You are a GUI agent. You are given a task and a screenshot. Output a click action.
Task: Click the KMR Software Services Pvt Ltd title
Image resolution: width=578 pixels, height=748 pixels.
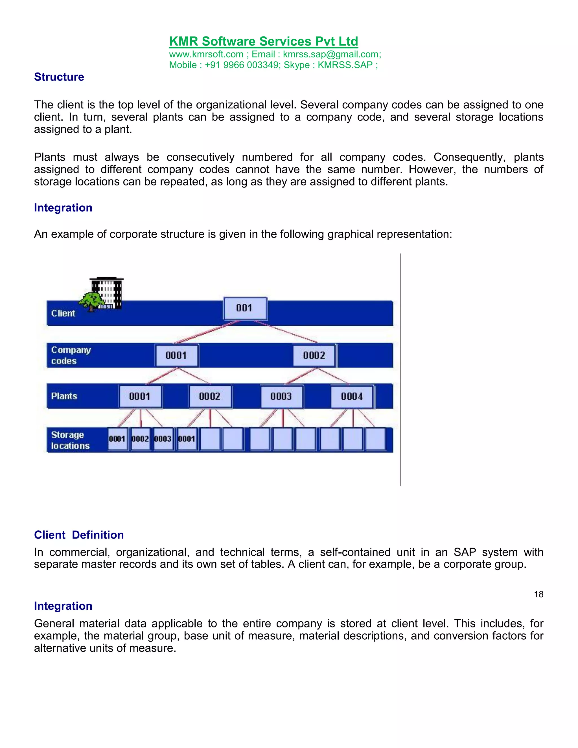[263, 41]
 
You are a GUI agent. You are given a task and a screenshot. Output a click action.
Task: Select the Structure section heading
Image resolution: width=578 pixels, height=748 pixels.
[59, 77]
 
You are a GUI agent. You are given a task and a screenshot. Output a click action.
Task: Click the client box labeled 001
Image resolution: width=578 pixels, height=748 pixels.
[244, 308]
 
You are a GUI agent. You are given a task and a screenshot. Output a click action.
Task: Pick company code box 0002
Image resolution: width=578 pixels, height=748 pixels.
[314, 355]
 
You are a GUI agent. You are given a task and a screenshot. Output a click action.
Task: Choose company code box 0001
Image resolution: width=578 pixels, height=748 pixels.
[176, 355]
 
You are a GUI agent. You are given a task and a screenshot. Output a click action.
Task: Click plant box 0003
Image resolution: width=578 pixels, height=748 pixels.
[281, 397]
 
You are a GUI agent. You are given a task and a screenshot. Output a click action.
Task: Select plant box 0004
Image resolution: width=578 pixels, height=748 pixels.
[352, 397]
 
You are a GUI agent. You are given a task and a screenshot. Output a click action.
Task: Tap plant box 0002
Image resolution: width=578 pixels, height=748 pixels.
[210, 397]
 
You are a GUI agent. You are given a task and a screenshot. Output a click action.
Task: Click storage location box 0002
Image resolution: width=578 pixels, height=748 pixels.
[140, 439]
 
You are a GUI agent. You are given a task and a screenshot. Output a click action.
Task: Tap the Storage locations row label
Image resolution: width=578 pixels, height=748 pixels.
[70, 440]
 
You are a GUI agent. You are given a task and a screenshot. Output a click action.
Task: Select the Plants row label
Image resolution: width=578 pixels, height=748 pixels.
[64, 396]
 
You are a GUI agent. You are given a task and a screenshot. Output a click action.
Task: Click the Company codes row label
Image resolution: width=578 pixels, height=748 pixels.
[71, 355]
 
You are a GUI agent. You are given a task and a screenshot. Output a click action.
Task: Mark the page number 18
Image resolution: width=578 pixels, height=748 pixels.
[538, 594]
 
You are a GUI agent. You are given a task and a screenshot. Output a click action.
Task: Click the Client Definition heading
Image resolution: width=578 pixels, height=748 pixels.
[79, 535]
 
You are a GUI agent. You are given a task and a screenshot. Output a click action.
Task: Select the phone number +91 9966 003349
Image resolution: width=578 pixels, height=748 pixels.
[242, 65]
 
